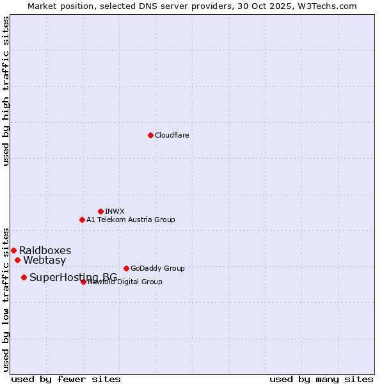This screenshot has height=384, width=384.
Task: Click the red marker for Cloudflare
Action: tap(150, 135)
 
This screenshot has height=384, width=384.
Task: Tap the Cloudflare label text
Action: tap(172, 135)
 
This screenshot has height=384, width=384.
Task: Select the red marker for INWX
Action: tap(100, 211)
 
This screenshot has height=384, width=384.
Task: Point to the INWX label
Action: tap(115, 211)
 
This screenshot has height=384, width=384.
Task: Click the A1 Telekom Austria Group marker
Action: tap(82, 220)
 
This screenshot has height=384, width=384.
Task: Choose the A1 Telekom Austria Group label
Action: tap(131, 220)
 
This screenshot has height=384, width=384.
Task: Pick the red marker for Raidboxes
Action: tap(13, 250)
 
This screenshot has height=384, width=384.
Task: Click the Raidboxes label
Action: tap(45, 250)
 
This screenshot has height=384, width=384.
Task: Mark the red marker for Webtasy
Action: tap(17, 260)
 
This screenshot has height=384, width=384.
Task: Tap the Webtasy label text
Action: tap(44, 260)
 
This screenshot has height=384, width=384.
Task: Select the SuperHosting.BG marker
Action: tap(24, 277)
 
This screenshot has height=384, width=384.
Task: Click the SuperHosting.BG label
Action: tap(73, 277)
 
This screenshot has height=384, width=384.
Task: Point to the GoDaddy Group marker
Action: tap(126, 268)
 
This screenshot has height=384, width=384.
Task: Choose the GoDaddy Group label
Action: tap(157, 268)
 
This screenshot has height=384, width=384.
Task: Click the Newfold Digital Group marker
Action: tap(83, 282)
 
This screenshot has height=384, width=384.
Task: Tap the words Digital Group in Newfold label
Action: tap(139, 282)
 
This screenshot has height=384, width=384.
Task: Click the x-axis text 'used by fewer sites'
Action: tap(66, 379)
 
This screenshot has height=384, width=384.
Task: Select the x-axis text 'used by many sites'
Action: tap(321, 379)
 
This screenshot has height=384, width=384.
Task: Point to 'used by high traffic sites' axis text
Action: tap(6, 91)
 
